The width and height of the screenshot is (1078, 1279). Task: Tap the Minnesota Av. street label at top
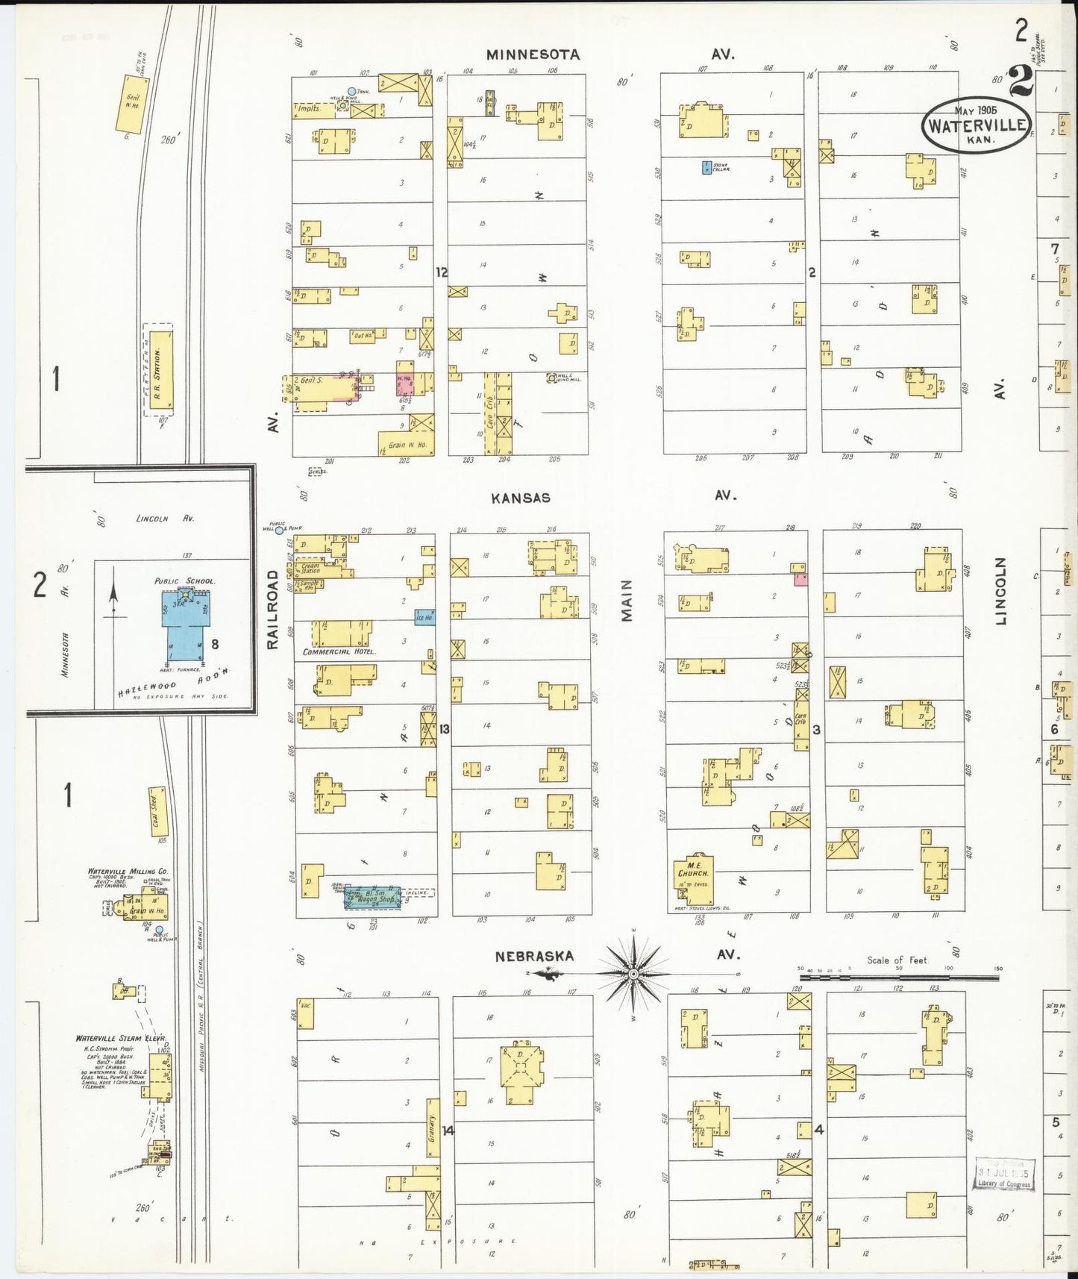coord(533,54)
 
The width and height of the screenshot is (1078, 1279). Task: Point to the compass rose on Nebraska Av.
coord(633,974)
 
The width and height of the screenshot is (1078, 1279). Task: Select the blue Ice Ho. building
coord(424,617)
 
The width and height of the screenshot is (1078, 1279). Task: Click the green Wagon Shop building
coord(373,898)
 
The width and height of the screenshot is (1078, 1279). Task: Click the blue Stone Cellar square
coord(706,168)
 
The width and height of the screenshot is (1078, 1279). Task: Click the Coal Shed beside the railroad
coord(159,811)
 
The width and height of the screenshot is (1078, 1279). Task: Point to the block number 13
coord(444,729)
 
